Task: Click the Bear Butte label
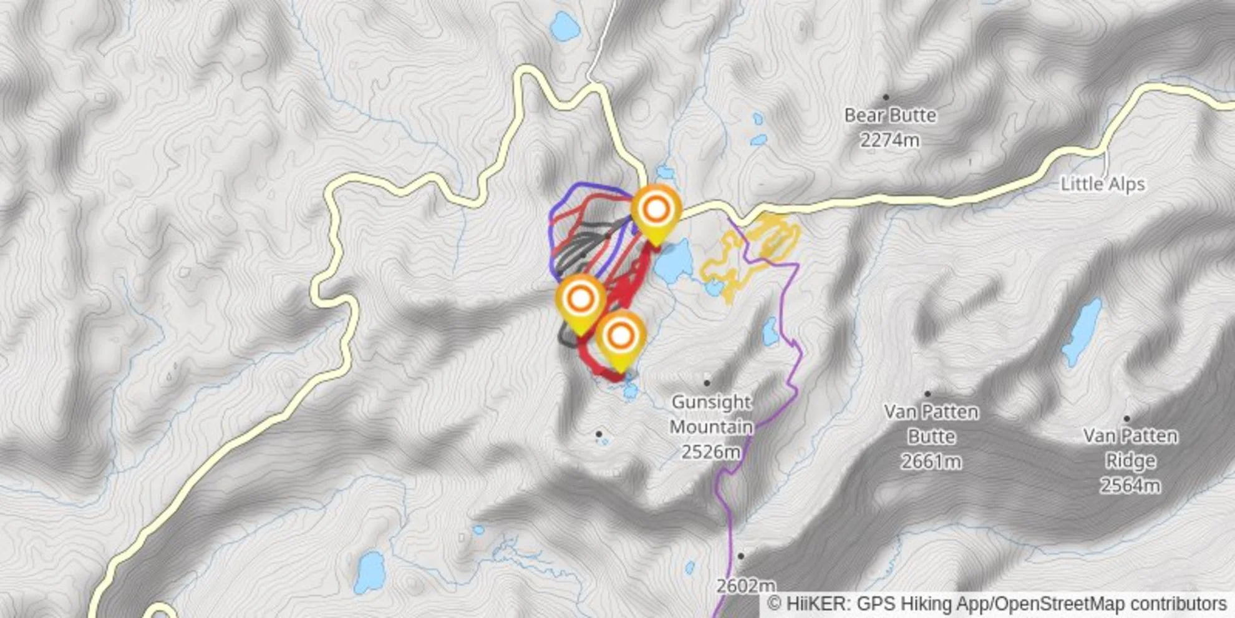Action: [890, 115]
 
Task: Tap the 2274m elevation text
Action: [890, 140]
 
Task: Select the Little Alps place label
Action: [1103, 184]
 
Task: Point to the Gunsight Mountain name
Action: [711, 414]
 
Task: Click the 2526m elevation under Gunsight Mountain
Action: [711, 452]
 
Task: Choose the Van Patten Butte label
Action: [931, 424]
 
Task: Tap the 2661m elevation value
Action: [931, 462]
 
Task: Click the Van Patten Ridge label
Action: [1130, 448]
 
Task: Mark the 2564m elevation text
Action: [1130, 486]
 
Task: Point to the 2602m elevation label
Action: [746, 586]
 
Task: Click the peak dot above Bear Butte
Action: [886, 97]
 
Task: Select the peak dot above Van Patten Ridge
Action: [1126, 419]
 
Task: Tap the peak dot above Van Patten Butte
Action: [927, 394]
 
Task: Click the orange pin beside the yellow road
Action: [656, 210]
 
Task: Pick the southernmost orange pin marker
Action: [621, 337]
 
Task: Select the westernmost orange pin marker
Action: [581, 300]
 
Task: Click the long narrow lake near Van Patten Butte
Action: [1082, 331]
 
